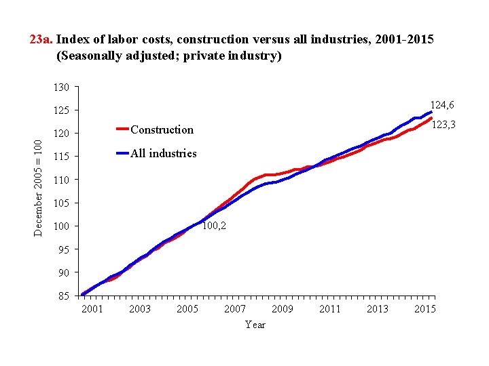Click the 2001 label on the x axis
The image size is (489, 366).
(x=92, y=309)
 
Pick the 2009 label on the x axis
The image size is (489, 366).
(x=283, y=309)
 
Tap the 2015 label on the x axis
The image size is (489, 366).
(x=425, y=309)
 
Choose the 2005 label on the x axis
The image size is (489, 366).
(x=187, y=309)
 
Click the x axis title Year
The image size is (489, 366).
(x=255, y=325)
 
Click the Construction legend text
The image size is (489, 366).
(x=162, y=129)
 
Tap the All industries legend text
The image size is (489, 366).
(x=163, y=153)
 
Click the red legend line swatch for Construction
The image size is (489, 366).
(x=122, y=129)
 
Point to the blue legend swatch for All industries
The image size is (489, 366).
(x=122, y=153)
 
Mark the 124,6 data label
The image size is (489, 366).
(x=441, y=105)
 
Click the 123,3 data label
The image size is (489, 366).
(x=443, y=125)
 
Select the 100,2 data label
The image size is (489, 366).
(x=214, y=226)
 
